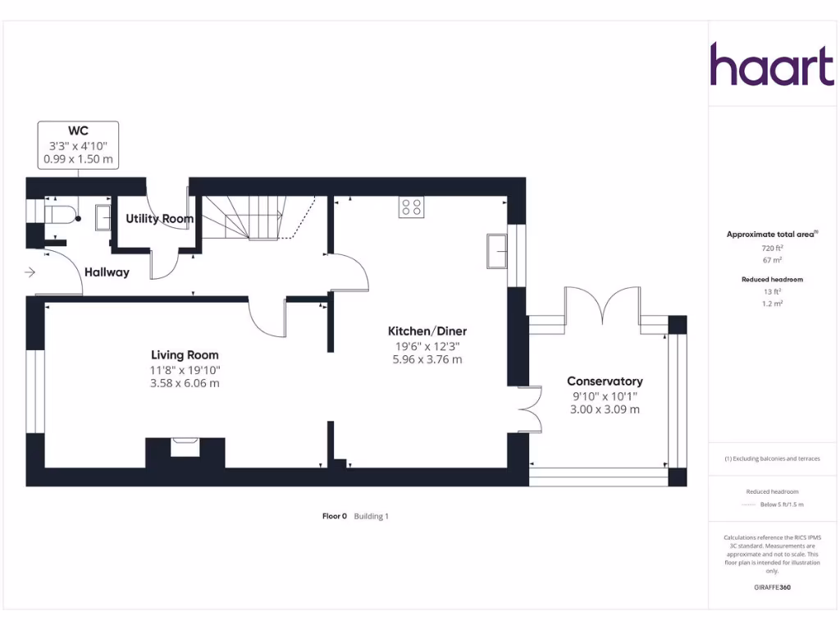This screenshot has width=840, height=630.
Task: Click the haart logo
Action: (771, 65)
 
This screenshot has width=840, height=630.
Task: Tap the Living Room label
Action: (185, 354)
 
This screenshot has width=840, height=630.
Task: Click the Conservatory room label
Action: (605, 381)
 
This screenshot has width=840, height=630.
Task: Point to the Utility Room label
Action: (159, 219)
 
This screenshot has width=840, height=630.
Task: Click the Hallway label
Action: (107, 272)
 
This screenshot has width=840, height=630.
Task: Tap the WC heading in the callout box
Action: (78, 130)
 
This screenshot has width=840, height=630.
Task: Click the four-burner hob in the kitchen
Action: (411, 208)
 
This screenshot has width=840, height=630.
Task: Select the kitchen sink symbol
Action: (496, 250)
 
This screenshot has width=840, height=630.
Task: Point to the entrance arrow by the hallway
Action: (30, 272)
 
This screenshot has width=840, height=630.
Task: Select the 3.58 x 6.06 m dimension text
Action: (185, 383)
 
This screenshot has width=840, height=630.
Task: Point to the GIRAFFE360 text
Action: (771, 587)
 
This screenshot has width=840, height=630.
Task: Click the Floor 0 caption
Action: (334, 517)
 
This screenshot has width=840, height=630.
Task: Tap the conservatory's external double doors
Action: (602, 305)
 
